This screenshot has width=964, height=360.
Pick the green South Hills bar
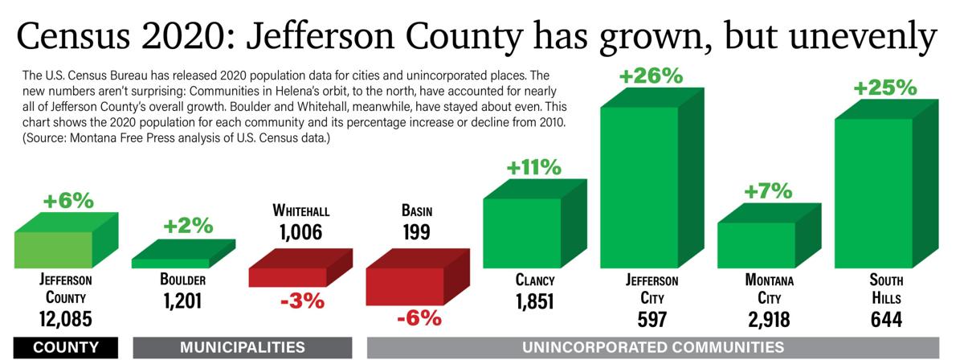873,193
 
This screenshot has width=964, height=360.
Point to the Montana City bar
756,244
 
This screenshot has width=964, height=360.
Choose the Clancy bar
522,232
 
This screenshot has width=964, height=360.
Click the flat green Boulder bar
171,263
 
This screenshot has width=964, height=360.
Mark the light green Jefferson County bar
54,249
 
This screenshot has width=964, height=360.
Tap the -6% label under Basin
419,317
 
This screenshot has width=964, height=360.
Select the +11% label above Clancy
533,168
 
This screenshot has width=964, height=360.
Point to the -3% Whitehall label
301,302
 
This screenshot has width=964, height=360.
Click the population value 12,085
66,319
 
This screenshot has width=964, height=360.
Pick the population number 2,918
769,319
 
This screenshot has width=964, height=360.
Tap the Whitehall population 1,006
300,233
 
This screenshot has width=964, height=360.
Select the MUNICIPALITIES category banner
242,347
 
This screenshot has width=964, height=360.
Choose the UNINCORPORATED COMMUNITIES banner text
652,347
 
